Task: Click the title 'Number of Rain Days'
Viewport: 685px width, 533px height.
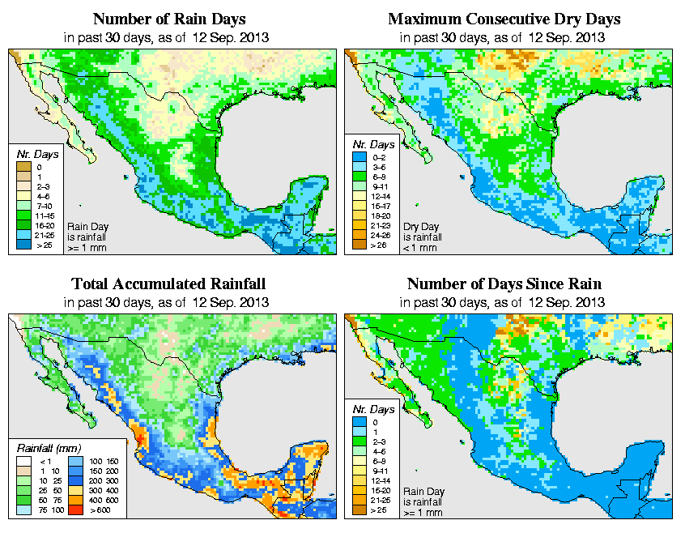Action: tap(167, 19)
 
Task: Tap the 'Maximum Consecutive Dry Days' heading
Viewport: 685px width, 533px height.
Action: tap(503, 19)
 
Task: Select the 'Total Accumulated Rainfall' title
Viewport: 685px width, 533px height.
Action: tap(168, 284)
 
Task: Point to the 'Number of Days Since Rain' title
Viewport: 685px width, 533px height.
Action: tap(504, 284)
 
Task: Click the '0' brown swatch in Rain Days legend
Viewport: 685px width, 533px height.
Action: tap(24, 167)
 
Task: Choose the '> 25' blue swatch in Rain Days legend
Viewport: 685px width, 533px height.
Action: tap(24, 243)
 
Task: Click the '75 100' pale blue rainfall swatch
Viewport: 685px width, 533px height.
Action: tap(24, 511)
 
